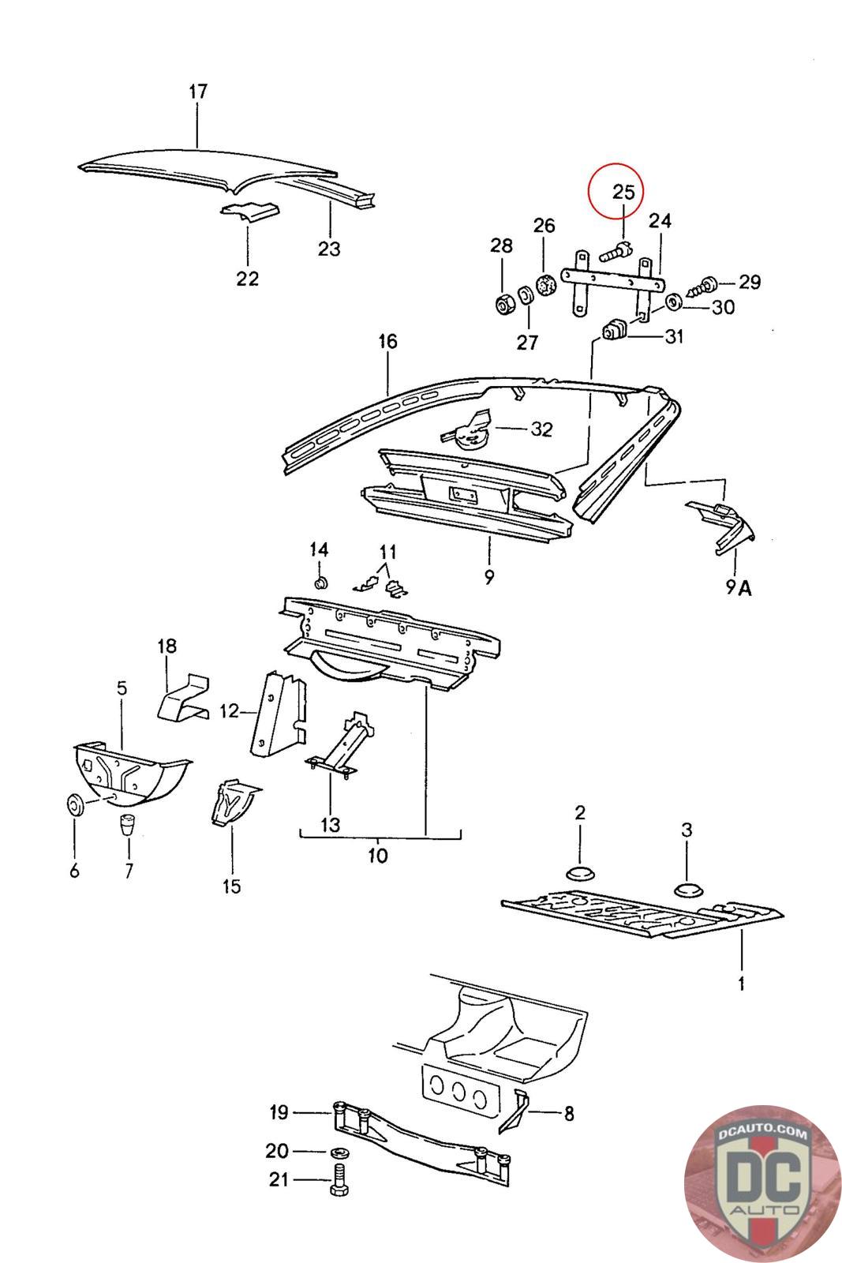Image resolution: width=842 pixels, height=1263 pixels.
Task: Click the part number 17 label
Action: point(198,92)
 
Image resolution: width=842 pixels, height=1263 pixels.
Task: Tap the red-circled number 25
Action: point(623,193)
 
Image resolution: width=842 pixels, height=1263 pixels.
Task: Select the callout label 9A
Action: point(739,588)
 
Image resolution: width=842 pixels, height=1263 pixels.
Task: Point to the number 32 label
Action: point(541,429)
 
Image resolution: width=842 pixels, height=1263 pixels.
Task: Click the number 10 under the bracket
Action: point(378,856)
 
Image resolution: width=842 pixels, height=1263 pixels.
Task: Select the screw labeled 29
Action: point(703,285)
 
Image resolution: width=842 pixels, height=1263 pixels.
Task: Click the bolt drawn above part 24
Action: point(615,252)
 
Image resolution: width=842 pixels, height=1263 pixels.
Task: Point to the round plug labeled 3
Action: point(688,890)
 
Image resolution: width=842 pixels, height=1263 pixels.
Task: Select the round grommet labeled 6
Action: point(75,804)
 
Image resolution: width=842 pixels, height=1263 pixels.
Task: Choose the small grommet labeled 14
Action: point(321,582)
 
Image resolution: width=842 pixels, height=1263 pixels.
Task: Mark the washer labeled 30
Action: point(673,302)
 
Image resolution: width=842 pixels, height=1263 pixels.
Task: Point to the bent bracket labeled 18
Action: point(183,698)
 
